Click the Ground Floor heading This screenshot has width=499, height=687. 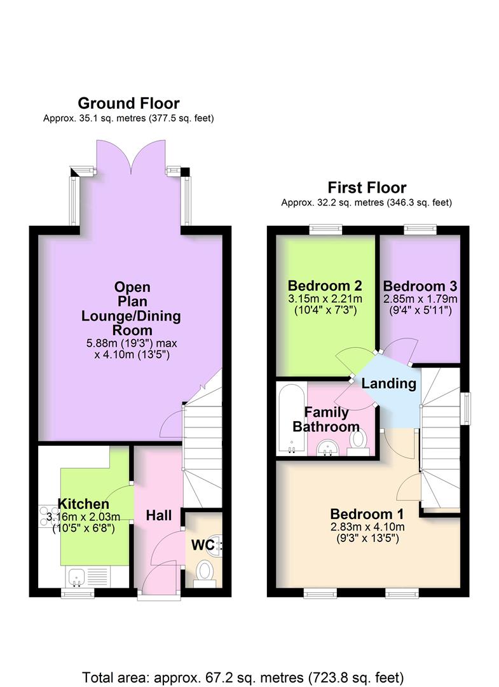[x=128, y=103]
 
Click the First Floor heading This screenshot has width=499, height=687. [x=367, y=188]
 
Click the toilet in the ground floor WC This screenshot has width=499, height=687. [x=205, y=571]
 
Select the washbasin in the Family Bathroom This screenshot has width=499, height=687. [x=330, y=448]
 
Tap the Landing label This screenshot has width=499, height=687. [x=389, y=384]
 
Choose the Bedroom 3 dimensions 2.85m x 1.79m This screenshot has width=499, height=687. [x=420, y=298]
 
